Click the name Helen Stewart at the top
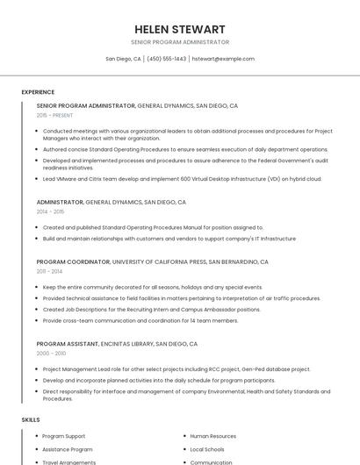click(180, 29)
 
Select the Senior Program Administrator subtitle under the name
click(180, 42)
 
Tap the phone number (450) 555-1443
click(167, 59)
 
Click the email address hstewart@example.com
click(223, 59)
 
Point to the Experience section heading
click(38, 92)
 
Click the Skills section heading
click(31, 420)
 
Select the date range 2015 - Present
click(54, 115)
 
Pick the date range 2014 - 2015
click(50, 211)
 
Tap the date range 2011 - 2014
click(50, 271)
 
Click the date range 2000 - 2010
click(51, 353)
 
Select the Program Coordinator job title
click(73, 261)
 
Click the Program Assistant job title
click(67, 344)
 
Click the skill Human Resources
click(213, 436)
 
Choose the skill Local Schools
click(207, 449)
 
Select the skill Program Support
click(64, 436)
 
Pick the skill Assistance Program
click(68, 449)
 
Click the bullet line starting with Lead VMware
click(182, 179)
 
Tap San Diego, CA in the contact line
click(123, 59)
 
